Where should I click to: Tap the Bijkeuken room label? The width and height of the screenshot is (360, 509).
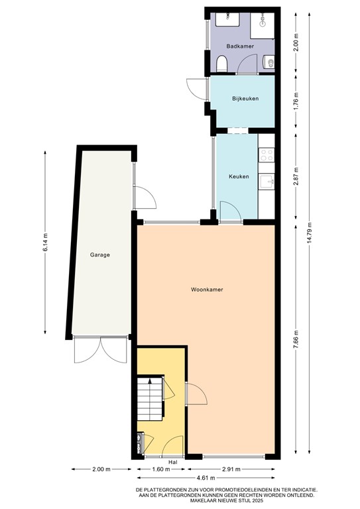point(244,99)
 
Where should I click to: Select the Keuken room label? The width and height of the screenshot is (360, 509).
point(239,176)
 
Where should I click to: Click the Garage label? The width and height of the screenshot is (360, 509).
point(101,254)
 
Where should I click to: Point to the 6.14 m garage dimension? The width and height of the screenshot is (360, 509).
point(46,243)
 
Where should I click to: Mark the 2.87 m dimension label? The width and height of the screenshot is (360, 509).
point(296,174)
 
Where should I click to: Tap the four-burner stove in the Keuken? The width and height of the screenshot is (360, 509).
point(267,155)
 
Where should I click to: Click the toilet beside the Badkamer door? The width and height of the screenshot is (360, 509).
point(223,64)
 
